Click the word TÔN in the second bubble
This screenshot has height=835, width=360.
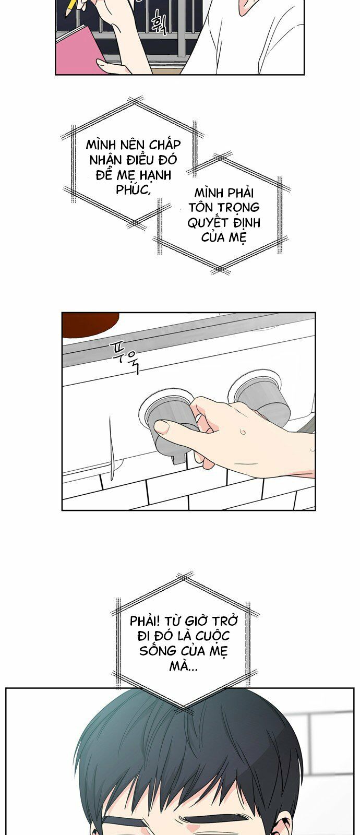pyautogui.click(x=201, y=207)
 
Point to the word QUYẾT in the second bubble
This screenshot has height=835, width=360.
pyautogui.click(x=208, y=223)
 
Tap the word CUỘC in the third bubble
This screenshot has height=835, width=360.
pyautogui.click(x=213, y=636)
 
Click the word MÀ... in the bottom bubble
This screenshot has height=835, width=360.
pyautogui.click(x=183, y=666)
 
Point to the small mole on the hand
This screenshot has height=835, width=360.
pyautogui.click(x=243, y=432)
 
